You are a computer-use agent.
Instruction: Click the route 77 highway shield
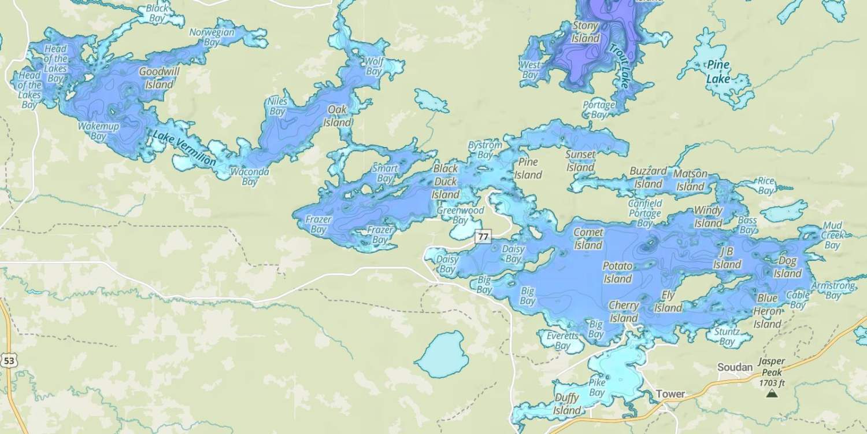[483, 237]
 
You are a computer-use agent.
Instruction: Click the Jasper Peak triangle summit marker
[771, 393]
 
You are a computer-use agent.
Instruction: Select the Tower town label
[670, 394]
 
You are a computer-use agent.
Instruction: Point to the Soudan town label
[735, 367]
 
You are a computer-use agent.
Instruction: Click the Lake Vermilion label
[184, 148]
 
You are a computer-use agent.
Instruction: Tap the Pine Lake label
[718, 72]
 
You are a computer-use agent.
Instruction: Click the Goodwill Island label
[157, 78]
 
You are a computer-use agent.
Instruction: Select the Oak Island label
[337, 116]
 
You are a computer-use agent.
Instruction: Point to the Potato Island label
[618, 272]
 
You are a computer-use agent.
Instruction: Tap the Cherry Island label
[624, 311]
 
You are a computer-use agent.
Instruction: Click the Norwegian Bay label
[212, 37]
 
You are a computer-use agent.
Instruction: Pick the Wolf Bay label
[375, 66]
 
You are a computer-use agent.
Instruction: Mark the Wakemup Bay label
[98, 131]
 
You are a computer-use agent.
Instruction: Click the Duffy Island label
[566, 404]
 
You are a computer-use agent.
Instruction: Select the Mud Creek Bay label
[832, 235]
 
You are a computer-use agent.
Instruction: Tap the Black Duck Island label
[446, 182]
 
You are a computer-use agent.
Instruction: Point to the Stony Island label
[586, 32]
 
